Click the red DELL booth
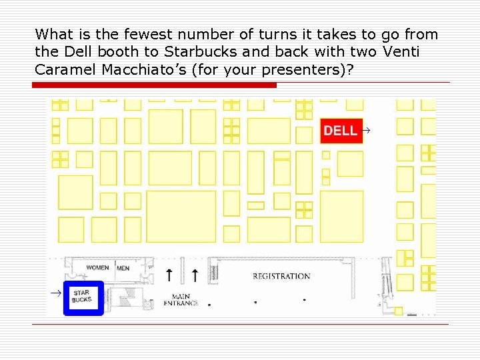tap(341, 131)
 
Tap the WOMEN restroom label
tap(97, 268)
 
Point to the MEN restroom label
tap(123, 268)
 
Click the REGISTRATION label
tap(281, 276)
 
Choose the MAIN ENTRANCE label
tap(181, 300)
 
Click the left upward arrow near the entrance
tap(169, 274)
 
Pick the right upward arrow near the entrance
tap(195, 274)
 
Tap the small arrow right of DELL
tap(366, 131)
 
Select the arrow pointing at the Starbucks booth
tap(58, 293)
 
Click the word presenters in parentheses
tap(307, 69)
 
